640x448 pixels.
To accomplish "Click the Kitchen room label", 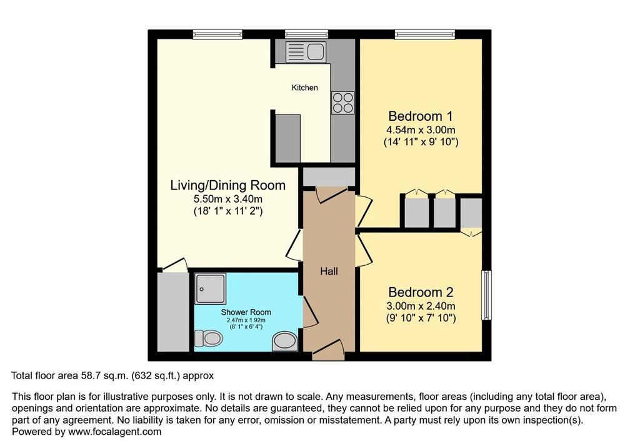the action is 304,88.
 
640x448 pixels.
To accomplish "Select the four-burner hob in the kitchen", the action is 342,103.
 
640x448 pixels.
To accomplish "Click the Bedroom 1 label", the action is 421,116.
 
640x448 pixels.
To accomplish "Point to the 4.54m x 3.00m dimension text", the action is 421,130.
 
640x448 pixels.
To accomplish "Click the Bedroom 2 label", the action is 421,292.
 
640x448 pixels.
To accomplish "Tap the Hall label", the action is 329,271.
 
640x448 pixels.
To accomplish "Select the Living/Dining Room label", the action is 227,185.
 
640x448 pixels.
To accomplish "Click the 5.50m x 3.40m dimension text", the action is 227,200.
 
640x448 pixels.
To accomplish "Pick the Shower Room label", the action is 246,312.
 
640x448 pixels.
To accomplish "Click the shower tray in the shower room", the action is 210,288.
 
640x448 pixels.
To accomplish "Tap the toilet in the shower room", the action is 209,339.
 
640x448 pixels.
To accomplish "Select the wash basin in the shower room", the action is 284,341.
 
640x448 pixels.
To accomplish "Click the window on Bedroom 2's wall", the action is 486,295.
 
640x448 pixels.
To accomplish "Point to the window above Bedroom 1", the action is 424,34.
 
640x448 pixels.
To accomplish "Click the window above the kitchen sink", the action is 306,34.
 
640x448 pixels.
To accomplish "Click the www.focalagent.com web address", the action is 115,432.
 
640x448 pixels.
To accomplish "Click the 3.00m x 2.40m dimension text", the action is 421,306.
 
